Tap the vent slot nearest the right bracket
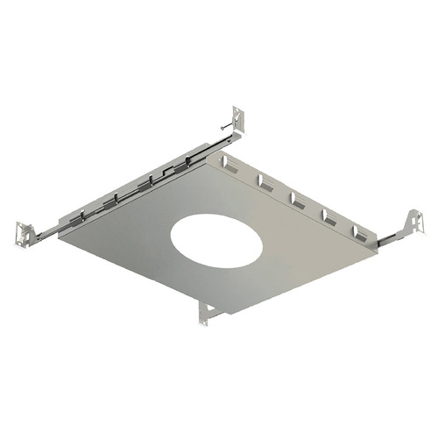[x=359, y=233]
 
